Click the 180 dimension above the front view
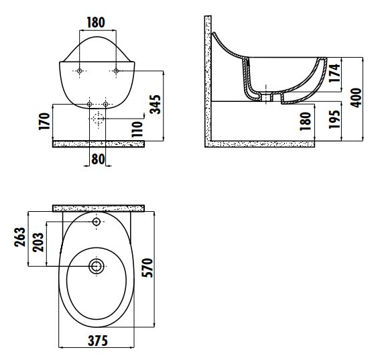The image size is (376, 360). pyautogui.click(x=96, y=23)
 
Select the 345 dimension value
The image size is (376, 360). pyautogui.click(x=155, y=105)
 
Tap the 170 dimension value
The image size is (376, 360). pyautogui.click(x=44, y=121)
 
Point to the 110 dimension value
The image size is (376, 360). pyautogui.click(x=137, y=129)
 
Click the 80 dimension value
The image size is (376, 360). pyautogui.click(x=98, y=159)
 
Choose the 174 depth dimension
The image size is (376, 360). pyautogui.click(x=334, y=73)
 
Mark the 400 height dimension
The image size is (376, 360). pyautogui.click(x=356, y=98)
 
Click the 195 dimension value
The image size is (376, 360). pyautogui.click(x=334, y=119)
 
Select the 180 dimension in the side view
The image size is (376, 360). pyautogui.click(x=306, y=121)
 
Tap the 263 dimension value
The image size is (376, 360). pyautogui.click(x=19, y=237)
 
